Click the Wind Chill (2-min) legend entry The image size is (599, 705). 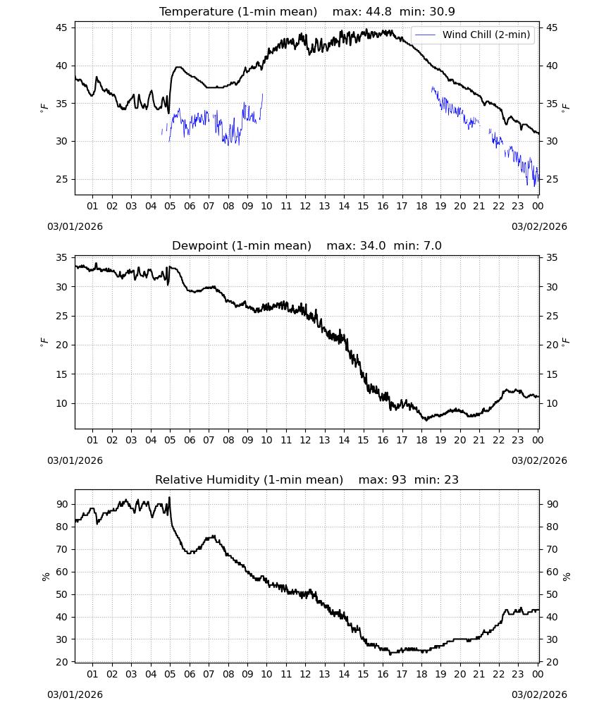[473, 35]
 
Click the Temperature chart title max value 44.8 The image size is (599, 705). [378, 11]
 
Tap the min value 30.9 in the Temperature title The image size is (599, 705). [442, 11]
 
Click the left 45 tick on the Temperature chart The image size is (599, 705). [61, 28]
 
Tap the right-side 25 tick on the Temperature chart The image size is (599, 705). [551, 179]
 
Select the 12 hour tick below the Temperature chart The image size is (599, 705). [305, 206]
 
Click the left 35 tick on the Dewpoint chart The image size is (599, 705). [61, 257]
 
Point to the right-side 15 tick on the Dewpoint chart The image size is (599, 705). [551, 374]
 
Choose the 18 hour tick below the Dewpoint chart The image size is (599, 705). [421, 440]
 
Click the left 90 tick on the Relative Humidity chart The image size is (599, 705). [61, 505]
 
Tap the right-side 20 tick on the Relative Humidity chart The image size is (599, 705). [551, 662]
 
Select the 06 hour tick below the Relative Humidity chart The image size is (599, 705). [190, 675]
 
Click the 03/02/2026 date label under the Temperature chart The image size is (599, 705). [539, 226]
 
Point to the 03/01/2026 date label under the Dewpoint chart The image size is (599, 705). [75, 461]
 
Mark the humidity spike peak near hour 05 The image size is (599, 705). [169, 497]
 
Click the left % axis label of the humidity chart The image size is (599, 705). [45, 577]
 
